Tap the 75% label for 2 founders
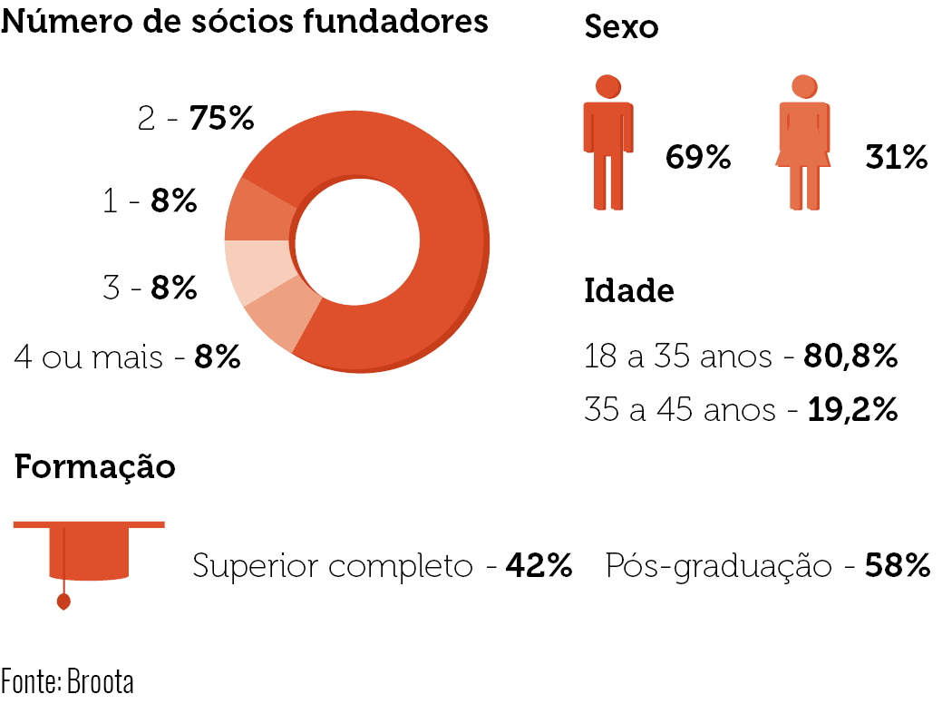pos(221,118)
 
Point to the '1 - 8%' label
pos(150,201)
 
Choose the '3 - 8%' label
pos(150,288)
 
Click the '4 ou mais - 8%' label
pos(128,357)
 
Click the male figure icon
pos(608,142)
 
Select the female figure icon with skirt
pos(804,142)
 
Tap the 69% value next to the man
pos(698,157)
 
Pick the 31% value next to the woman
pos(897,157)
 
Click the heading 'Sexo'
pos(621,27)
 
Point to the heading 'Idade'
pos(629,291)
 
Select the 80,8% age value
pos(850,356)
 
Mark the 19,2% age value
pos(852,409)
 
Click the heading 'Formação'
pos(94,468)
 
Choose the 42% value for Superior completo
pos(539,565)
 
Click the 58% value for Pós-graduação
pos(898,565)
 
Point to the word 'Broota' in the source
pos(100,681)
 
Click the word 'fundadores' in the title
pos(395,21)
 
